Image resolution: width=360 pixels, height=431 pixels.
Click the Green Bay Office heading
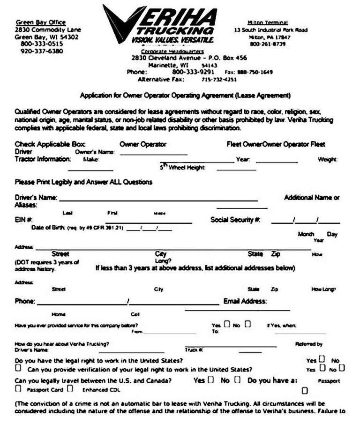(x=41, y=22)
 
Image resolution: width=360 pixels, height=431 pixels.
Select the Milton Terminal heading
(x=268, y=22)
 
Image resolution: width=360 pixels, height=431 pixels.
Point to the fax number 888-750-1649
(x=255, y=72)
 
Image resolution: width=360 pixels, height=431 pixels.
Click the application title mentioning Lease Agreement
(x=185, y=96)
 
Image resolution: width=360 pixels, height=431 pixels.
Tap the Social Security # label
(x=235, y=219)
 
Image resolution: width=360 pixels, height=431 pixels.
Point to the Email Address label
(x=245, y=301)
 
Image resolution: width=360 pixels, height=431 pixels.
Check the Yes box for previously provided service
(x=227, y=323)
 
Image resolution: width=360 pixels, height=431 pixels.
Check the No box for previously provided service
(x=247, y=323)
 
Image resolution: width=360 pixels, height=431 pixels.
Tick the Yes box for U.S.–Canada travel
(x=210, y=379)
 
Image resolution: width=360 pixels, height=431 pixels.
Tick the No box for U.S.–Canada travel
(x=238, y=379)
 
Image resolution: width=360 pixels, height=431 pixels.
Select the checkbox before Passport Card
(x=18, y=389)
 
